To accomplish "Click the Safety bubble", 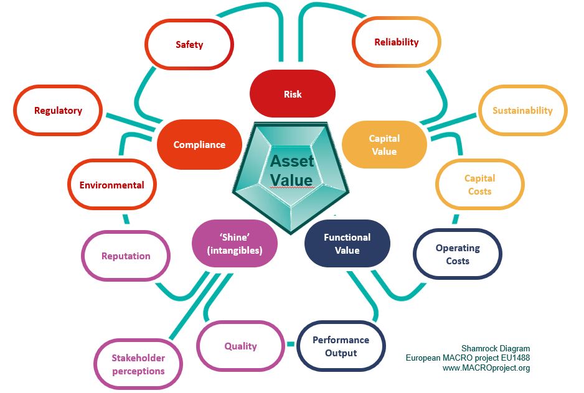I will (x=189, y=45).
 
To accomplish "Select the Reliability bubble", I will (x=397, y=42).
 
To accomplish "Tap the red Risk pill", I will (x=293, y=95).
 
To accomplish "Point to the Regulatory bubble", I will (x=59, y=111).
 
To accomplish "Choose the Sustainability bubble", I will (x=522, y=111).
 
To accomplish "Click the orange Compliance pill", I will (x=199, y=145).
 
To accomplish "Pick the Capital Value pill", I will (x=384, y=145).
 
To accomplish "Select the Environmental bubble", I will (x=112, y=185).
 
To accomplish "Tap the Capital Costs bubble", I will (x=479, y=185).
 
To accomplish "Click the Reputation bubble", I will (x=126, y=256).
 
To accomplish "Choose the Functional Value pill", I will (x=347, y=244).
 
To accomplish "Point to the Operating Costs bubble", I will (x=458, y=254).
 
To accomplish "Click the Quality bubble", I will (x=240, y=346).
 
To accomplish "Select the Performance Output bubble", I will (x=341, y=346).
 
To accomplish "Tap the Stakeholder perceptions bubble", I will (x=138, y=364).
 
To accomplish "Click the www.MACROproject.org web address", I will (x=486, y=368).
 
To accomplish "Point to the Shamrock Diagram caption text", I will (x=496, y=348).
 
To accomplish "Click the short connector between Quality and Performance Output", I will (x=290, y=344).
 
